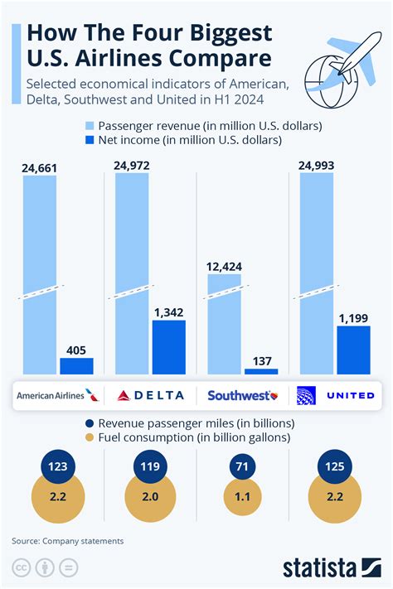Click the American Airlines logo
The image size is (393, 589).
tap(56, 395)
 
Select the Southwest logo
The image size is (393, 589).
tap(242, 395)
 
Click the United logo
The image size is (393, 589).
tap(336, 395)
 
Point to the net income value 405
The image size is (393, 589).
tap(76, 350)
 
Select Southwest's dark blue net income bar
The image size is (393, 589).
tap(261, 371)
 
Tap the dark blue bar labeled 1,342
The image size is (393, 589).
tap(168, 346)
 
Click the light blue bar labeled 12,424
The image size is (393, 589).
tap(224, 323)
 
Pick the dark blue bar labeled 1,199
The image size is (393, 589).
tap(353, 349)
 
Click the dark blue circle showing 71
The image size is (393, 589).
tap(243, 466)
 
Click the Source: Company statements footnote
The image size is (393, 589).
tap(67, 541)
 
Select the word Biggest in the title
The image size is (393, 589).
tap(220, 33)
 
